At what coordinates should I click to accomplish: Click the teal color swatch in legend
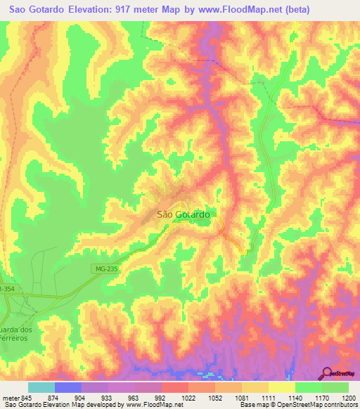pos(41,388)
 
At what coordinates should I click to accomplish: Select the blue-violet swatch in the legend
pos(68,388)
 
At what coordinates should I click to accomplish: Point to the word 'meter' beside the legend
pos(9,398)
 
